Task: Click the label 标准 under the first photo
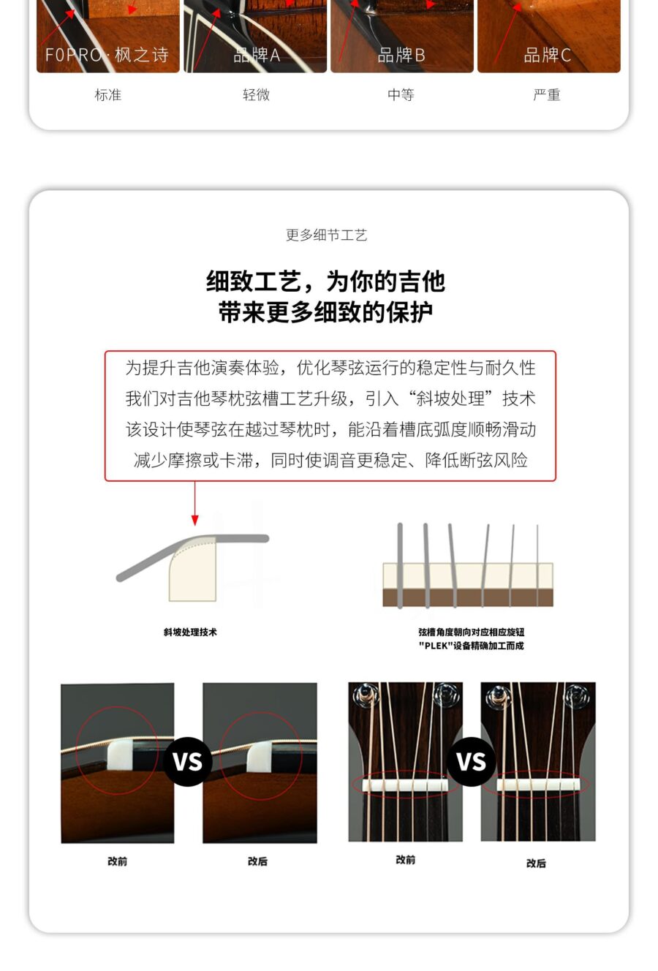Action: [107, 95]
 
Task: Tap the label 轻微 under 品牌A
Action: [256, 95]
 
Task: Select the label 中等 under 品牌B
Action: [401, 95]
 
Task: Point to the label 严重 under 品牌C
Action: [547, 95]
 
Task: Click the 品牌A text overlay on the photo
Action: [256, 56]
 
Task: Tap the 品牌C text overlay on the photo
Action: [547, 56]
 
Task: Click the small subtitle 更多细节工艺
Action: [326, 235]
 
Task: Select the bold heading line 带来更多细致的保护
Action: [326, 312]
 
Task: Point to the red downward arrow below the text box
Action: [195, 512]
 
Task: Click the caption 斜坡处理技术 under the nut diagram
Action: [190, 632]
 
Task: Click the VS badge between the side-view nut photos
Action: [188, 761]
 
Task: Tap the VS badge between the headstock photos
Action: [471, 761]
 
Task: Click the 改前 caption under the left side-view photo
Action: [117, 861]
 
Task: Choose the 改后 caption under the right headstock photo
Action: [536, 863]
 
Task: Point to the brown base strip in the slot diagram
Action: [468, 597]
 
